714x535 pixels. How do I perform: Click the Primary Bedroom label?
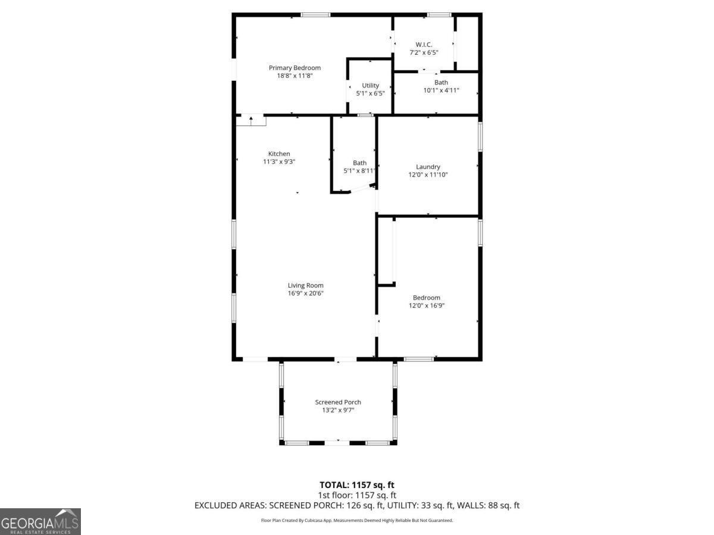(295, 68)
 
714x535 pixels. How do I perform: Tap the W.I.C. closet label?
(424, 45)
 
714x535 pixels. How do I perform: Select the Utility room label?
(370, 86)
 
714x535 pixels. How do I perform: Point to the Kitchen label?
(279, 154)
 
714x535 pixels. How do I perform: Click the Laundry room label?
(428, 167)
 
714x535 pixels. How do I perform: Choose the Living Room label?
(306, 285)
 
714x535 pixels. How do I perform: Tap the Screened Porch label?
(338, 402)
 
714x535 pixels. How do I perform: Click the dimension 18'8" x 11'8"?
(295, 76)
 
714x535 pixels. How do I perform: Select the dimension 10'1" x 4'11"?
(441, 91)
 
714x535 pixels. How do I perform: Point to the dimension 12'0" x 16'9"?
(427, 306)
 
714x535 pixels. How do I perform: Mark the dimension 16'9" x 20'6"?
(306, 293)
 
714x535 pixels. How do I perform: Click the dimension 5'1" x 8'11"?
(359, 171)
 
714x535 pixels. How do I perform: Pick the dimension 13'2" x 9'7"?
(338, 410)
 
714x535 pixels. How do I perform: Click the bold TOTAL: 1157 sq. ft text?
(357, 485)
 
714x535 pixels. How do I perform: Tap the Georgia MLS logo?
(40, 521)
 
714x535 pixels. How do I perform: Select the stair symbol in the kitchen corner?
(251, 121)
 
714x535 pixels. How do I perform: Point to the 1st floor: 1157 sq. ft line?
(357, 495)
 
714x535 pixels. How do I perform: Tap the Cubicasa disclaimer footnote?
(357, 521)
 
